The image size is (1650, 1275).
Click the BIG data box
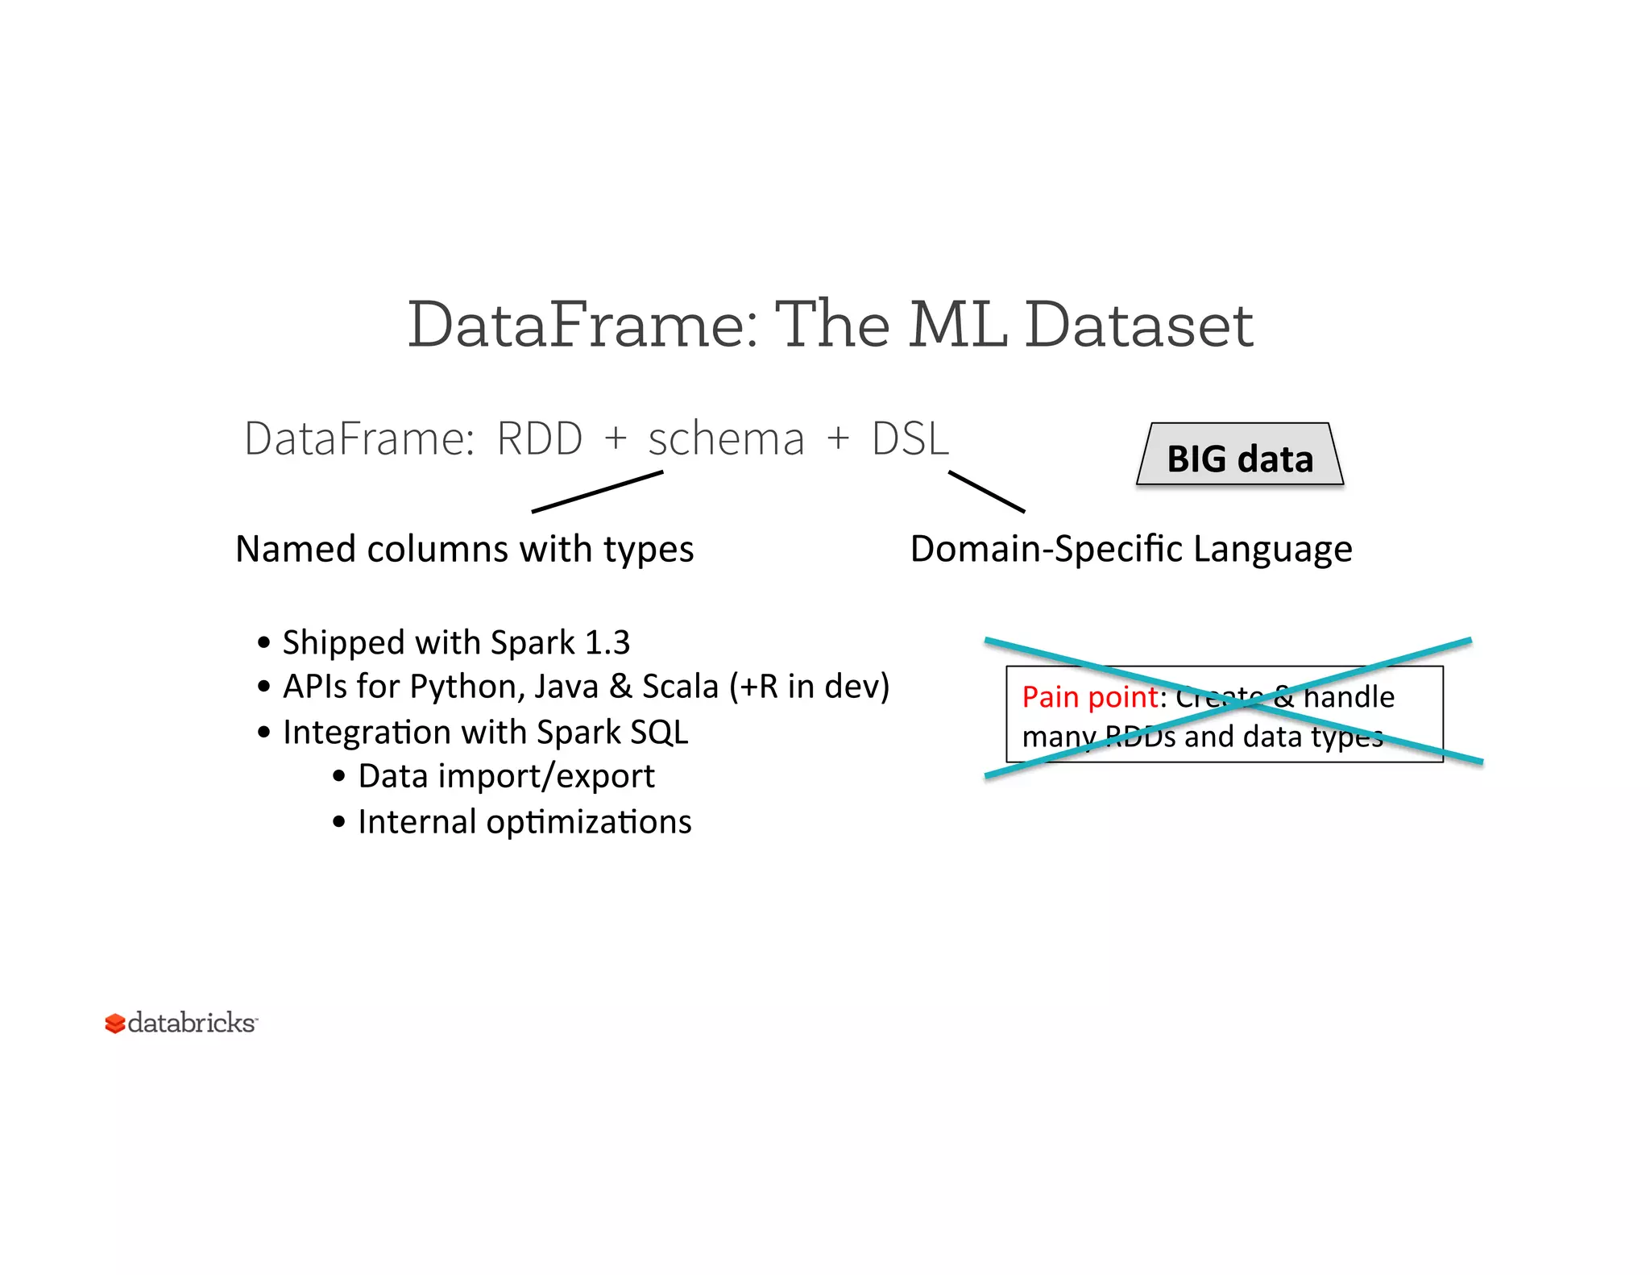point(1240,456)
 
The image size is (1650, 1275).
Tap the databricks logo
point(181,1023)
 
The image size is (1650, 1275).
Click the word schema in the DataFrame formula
point(726,440)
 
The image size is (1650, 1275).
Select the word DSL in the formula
point(910,439)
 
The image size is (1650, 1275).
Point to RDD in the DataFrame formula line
point(539,439)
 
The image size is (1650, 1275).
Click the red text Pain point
point(1090,696)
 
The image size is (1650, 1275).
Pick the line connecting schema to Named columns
point(597,492)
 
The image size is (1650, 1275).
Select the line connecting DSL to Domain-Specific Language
point(986,492)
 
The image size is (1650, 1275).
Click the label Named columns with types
point(464,549)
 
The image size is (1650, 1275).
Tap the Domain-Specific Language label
point(1130,549)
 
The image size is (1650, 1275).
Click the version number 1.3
point(607,642)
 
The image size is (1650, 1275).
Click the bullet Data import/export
point(505,776)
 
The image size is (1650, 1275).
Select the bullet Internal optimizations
point(524,822)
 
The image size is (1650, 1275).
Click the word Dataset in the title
point(1138,324)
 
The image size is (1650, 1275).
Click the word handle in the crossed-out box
point(1349,696)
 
